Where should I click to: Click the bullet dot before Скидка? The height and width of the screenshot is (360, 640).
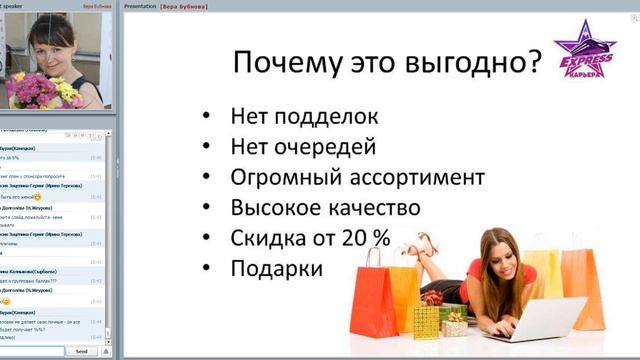click(207, 239)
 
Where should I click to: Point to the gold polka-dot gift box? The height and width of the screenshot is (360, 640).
click(427, 321)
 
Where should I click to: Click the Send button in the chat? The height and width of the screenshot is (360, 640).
click(81, 351)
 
